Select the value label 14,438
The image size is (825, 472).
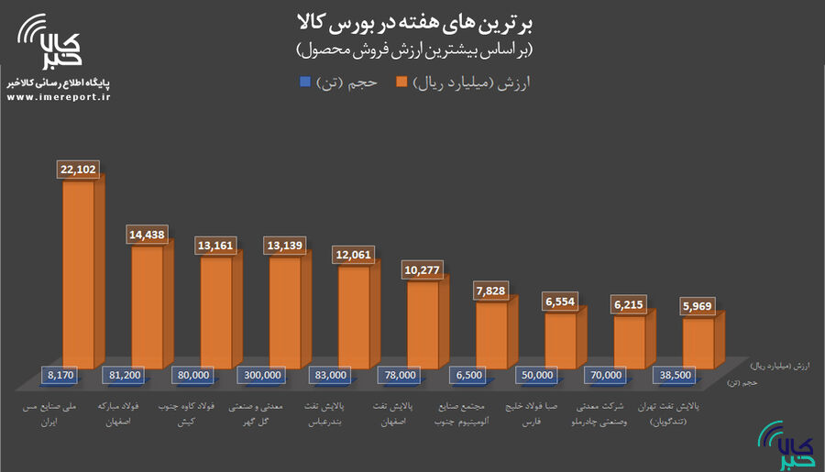(x=148, y=235)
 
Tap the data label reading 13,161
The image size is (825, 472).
(x=216, y=245)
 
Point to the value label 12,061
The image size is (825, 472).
(x=354, y=254)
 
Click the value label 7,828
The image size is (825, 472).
(x=491, y=291)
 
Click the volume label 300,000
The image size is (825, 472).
(x=264, y=374)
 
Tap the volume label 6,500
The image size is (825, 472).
(x=471, y=374)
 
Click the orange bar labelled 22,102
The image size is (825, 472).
(x=78, y=275)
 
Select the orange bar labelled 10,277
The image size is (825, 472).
(x=422, y=325)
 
